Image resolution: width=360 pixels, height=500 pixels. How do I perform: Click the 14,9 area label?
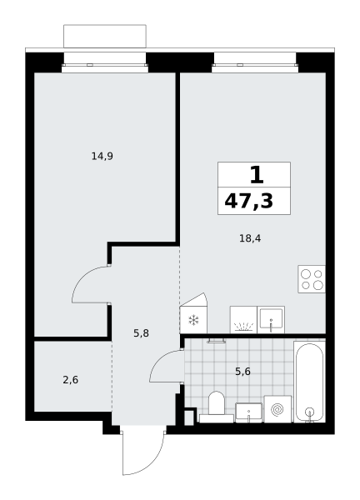102,157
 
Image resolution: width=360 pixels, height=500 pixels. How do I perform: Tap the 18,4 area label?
250,238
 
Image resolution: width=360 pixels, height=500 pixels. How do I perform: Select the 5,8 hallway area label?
142,333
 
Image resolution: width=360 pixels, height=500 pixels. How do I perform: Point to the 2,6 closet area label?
71,380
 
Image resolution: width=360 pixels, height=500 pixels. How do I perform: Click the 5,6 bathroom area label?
242,372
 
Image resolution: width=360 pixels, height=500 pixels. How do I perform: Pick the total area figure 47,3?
249,201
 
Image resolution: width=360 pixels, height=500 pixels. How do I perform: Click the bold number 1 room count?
257,175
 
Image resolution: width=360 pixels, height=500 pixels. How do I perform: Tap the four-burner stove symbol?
312,279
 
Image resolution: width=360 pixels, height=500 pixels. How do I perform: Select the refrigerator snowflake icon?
193,320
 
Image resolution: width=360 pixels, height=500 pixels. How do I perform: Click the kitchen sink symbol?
271,320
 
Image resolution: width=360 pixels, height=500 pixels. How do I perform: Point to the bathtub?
309,382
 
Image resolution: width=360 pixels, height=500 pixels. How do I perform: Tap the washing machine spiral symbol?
277,409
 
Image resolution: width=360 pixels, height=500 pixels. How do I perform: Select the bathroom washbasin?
248,413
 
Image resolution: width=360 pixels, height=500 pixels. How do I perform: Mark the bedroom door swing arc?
82,276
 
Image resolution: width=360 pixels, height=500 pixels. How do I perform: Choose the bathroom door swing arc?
157,360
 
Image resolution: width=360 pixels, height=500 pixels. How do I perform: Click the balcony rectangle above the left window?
105,37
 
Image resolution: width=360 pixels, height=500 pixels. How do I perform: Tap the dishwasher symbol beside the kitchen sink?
243,320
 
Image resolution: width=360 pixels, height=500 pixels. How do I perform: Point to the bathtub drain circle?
309,412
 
